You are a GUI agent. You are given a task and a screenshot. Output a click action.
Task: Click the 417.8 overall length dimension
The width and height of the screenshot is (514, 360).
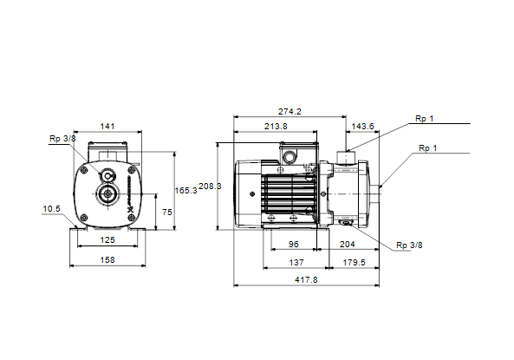(x=306, y=280)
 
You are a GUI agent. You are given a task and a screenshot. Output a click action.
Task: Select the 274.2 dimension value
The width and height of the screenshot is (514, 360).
(x=290, y=112)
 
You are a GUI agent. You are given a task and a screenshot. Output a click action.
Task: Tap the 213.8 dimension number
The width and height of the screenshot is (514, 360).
(x=276, y=127)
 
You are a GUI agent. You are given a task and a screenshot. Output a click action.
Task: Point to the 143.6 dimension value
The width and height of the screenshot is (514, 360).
(x=362, y=127)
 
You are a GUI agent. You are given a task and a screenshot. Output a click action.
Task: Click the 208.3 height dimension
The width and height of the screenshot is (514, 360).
(x=210, y=187)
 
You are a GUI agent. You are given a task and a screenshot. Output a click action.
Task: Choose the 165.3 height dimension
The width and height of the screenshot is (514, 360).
(x=185, y=191)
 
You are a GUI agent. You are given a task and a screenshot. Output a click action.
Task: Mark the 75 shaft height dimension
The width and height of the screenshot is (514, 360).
(x=166, y=213)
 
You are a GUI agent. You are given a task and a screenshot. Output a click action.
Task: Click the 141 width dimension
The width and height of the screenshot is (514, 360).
(x=107, y=127)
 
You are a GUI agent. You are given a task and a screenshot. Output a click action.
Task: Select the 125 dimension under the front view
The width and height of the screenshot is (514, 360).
(x=107, y=240)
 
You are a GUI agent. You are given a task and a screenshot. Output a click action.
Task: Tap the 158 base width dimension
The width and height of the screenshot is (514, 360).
(x=107, y=260)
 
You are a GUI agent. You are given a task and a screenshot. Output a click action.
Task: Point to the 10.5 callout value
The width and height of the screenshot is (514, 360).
(x=51, y=209)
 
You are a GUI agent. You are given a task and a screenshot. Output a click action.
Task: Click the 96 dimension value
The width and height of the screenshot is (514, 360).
(x=293, y=244)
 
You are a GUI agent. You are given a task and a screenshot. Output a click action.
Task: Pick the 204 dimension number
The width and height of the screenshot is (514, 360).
(x=348, y=244)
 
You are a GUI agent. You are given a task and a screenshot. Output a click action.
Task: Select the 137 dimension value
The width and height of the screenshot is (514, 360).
(x=296, y=263)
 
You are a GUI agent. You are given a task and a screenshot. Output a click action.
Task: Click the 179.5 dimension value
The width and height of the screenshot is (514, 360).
(x=354, y=263)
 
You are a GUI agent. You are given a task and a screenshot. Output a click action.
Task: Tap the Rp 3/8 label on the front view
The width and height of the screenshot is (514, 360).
(x=62, y=139)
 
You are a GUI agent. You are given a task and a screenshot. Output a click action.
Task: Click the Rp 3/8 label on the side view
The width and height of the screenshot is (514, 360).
(x=409, y=245)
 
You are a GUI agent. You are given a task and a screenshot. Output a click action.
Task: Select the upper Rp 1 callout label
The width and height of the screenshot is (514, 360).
(x=424, y=119)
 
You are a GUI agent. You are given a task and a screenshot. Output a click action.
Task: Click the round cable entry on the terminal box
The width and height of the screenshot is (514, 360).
(x=290, y=157)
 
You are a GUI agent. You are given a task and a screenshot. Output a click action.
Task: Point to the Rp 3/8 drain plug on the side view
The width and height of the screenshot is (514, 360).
(x=346, y=223)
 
